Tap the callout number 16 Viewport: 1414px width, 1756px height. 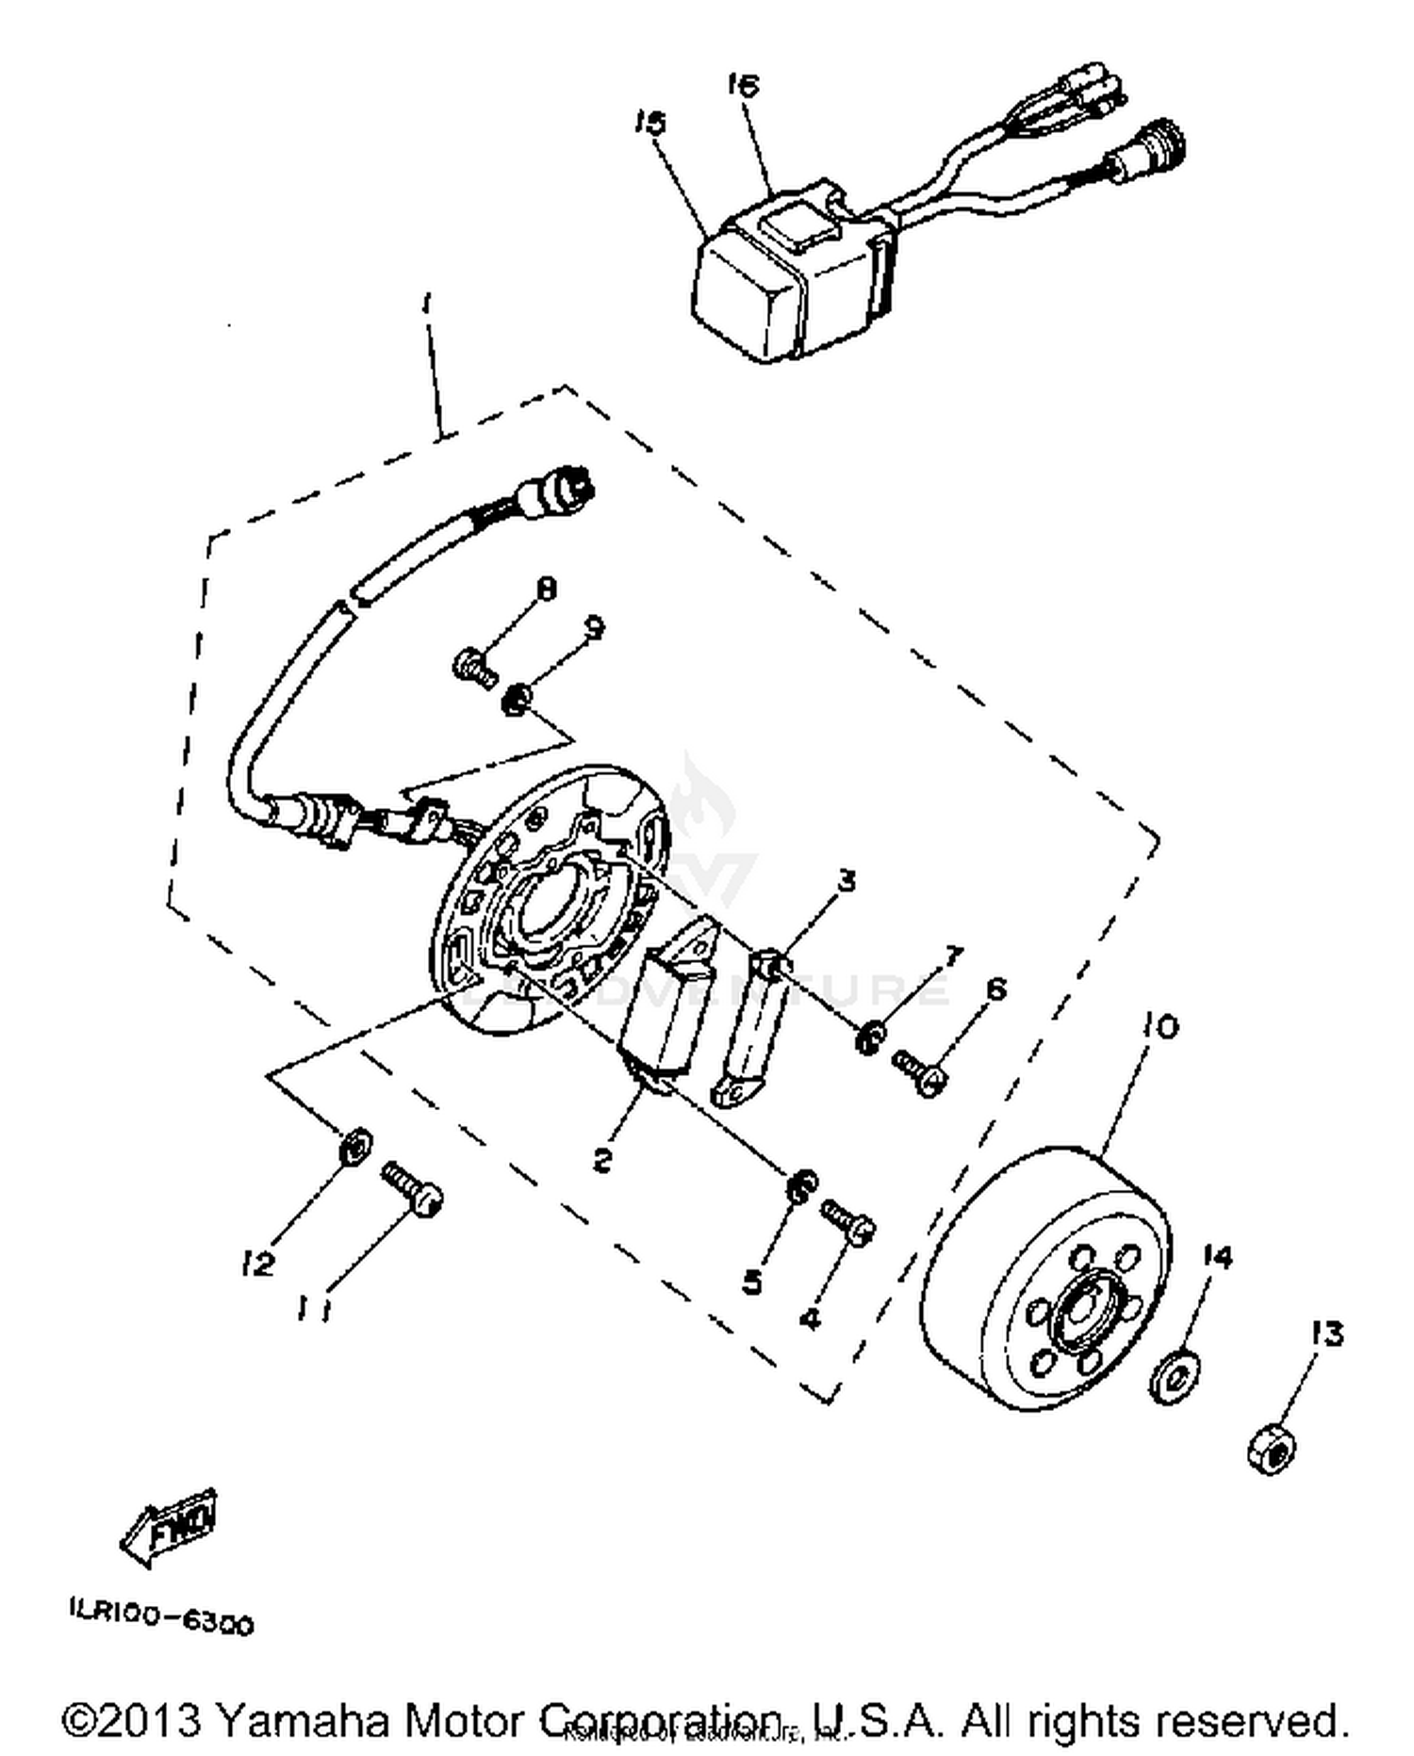tap(743, 85)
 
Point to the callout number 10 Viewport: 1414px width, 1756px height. tap(1161, 1025)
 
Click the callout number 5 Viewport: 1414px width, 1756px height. tap(752, 1282)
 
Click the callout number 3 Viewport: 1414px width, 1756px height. tap(847, 881)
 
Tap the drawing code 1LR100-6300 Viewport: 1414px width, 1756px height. tap(160, 1624)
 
